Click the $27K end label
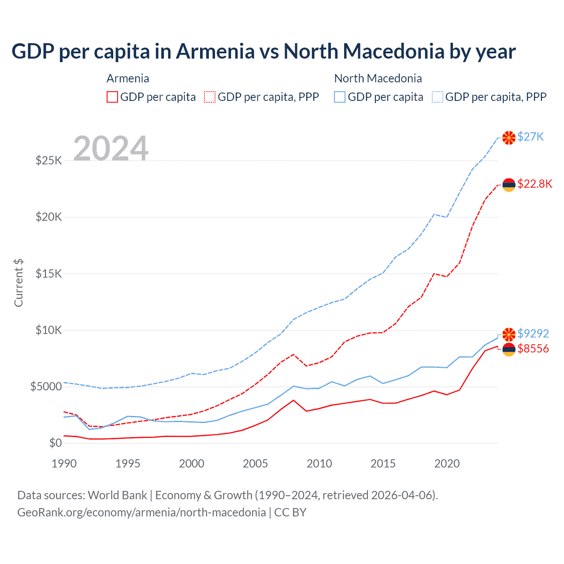[x=531, y=137]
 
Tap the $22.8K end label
[x=534, y=184]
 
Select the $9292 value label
[x=533, y=334]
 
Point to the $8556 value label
[x=533, y=349]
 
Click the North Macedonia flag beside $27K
[x=509, y=138]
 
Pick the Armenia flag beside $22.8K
[x=509, y=185]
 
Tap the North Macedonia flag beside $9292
[x=509, y=334]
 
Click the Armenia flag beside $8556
[x=509, y=350]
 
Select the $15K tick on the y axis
[x=48, y=274]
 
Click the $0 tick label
[x=55, y=443]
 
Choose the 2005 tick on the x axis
[x=256, y=464]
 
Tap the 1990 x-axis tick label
[x=64, y=464]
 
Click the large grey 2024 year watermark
[x=111, y=148]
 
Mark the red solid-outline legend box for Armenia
[x=112, y=97]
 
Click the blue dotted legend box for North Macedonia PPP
[x=438, y=97]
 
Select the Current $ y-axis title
[x=19, y=282]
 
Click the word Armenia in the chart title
[x=215, y=52]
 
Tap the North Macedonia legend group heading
[x=378, y=78]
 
